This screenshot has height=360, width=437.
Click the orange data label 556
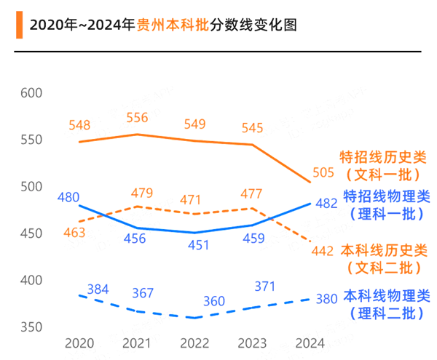(137, 117)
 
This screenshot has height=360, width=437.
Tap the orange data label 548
(79, 125)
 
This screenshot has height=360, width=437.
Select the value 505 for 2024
(323, 172)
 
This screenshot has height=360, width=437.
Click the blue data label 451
(194, 245)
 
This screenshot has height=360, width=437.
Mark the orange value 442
(323, 251)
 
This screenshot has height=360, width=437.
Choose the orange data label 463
(74, 233)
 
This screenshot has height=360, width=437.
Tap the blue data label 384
(98, 289)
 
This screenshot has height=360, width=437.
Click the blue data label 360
(214, 301)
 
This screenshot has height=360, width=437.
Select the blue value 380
(326, 297)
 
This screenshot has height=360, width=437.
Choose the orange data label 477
(251, 193)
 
